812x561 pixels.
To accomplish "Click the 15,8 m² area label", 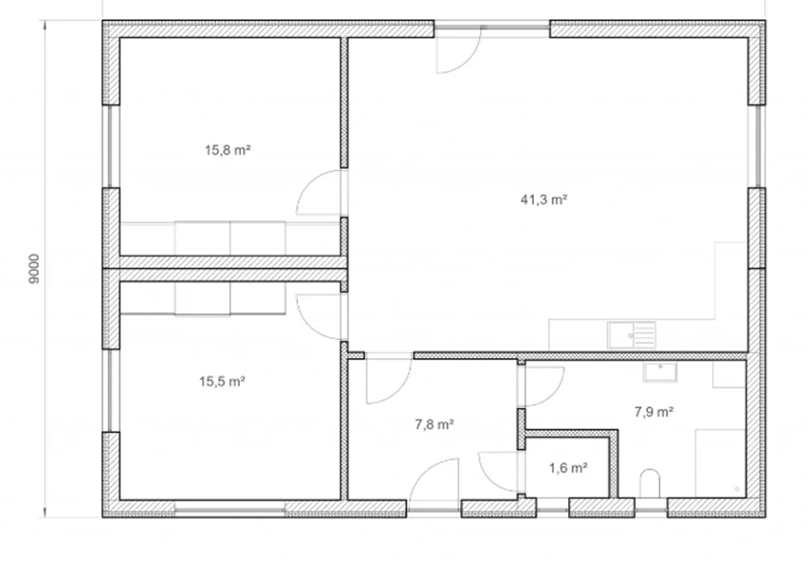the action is [x=228, y=150].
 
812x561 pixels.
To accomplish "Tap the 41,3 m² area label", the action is [x=544, y=199].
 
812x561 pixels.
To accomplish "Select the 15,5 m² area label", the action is [x=222, y=382].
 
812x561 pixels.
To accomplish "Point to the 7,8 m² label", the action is [x=435, y=425].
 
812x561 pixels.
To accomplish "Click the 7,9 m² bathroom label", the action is [x=654, y=412].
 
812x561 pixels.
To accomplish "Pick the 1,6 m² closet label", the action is [x=568, y=469].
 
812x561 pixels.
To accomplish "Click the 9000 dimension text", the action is [x=34, y=268].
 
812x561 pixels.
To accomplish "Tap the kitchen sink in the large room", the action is [x=632, y=335].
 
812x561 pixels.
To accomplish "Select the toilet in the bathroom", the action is [x=649, y=483].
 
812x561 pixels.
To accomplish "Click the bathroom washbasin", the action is [x=660, y=371].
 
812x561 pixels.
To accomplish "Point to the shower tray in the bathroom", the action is [x=721, y=463].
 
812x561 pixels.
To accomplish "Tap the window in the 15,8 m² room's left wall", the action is [x=111, y=146].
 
